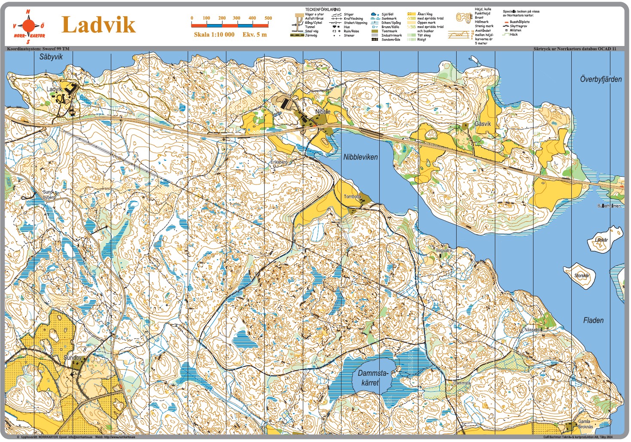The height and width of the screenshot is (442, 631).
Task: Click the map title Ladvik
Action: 98,25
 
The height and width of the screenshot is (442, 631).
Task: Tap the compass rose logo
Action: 28,26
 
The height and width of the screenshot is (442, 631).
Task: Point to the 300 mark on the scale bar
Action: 236,18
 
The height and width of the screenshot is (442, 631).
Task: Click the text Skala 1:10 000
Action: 214,34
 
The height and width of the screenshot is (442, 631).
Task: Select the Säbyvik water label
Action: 51,57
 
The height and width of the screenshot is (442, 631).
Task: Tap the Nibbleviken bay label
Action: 360,157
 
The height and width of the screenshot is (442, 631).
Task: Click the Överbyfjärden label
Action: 601,79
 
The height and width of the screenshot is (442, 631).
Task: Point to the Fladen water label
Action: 593,320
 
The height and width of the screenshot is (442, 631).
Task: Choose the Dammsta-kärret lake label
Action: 372,378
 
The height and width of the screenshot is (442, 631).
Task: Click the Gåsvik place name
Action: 482,124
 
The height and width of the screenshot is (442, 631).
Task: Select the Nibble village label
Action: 323,111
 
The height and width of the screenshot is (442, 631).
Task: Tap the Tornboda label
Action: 352,196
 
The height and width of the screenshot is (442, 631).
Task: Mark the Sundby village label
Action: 72,358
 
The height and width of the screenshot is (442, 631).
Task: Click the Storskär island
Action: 582,275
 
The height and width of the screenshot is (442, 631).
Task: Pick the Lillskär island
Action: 601,240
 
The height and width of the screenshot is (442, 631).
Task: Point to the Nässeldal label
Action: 533,330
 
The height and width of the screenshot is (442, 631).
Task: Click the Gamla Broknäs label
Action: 585,424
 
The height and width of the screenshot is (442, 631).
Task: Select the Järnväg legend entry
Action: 311,35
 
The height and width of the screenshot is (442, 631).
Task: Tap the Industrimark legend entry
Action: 391,35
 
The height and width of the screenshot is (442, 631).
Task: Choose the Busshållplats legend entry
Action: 519,22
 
